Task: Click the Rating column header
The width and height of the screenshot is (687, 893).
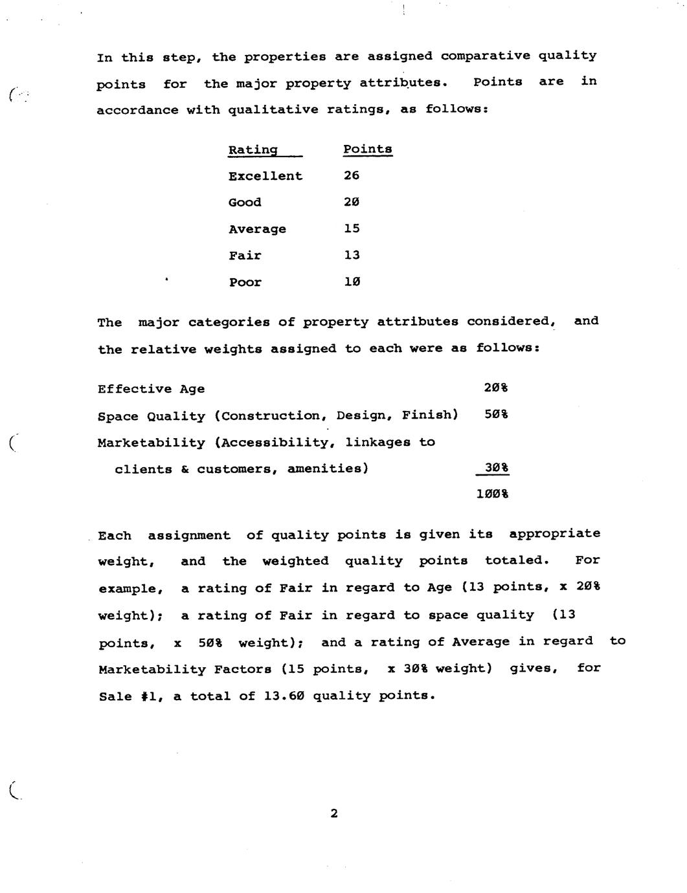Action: click(x=253, y=150)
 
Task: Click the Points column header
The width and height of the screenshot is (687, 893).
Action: click(x=367, y=149)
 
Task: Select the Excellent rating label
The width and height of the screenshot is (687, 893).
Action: click(x=265, y=176)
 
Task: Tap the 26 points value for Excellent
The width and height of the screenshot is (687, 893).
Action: click(x=352, y=175)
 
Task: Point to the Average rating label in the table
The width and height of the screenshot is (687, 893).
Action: click(x=257, y=229)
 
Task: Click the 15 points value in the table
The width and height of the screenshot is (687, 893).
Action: click(x=352, y=228)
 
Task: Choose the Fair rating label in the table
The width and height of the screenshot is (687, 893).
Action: click(x=245, y=256)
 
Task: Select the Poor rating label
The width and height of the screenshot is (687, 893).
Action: click(x=245, y=282)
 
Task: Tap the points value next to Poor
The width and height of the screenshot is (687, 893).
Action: click(x=352, y=281)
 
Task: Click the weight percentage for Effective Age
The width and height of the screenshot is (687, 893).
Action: click(x=495, y=388)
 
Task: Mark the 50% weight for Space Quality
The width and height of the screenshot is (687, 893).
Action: click(x=495, y=414)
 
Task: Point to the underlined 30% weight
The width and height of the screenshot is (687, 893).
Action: click(x=496, y=467)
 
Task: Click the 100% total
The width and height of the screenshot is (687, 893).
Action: click(x=492, y=494)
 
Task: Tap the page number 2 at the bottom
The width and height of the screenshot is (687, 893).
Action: click(x=334, y=813)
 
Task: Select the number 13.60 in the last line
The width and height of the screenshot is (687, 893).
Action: click(x=284, y=696)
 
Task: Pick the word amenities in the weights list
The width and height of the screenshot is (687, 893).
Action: click(x=328, y=469)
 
